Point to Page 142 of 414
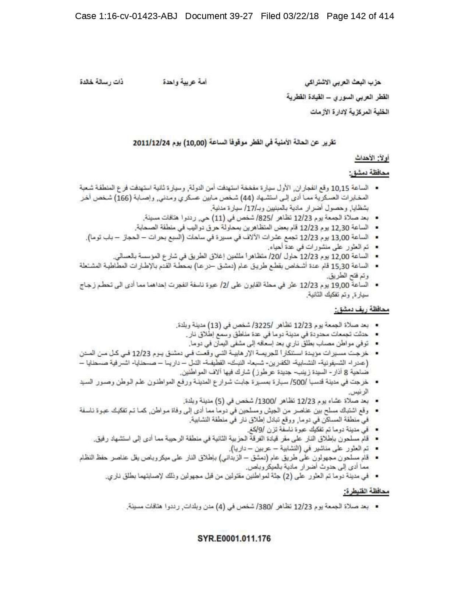pyautogui.click(x=360, y=16)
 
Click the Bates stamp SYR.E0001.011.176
pyautogui.click(x=234, y=538)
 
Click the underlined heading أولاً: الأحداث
pyautogui.click(x=372, y=159)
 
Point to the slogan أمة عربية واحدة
pyautogui.click(x=185, y=82)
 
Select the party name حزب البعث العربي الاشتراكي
pyautogui.click(x=348, y=82)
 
